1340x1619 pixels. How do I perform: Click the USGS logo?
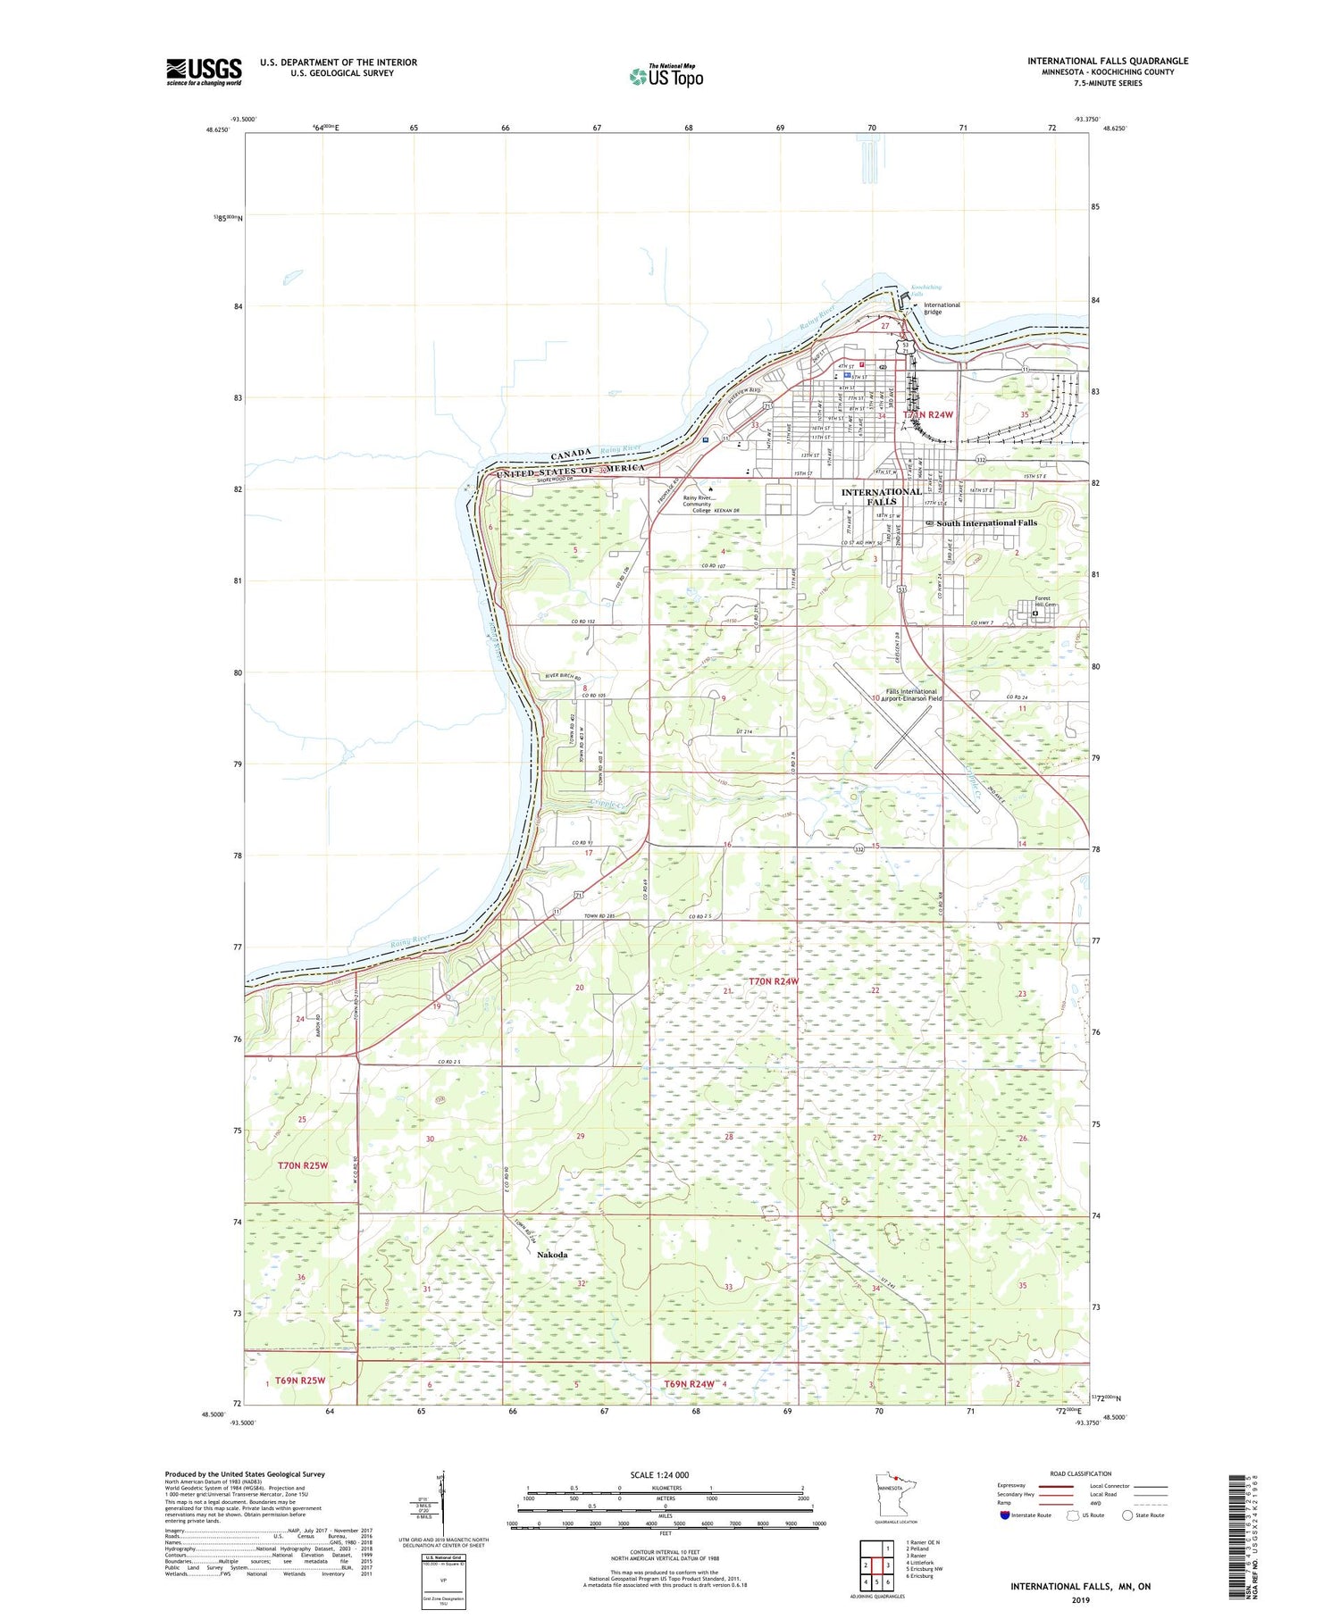point(204,71)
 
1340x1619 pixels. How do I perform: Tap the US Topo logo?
point(666,77)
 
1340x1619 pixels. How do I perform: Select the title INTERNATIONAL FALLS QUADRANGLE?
point(1108,62)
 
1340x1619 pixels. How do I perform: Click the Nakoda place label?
point(551,1255)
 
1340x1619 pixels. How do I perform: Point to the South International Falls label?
point(986,522)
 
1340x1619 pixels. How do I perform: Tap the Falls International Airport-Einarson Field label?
point(911,695)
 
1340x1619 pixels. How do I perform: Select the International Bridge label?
point(941,308)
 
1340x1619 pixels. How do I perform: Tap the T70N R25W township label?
point(303,1165)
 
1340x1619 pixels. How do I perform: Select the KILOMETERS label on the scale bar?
point(666,1488)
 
